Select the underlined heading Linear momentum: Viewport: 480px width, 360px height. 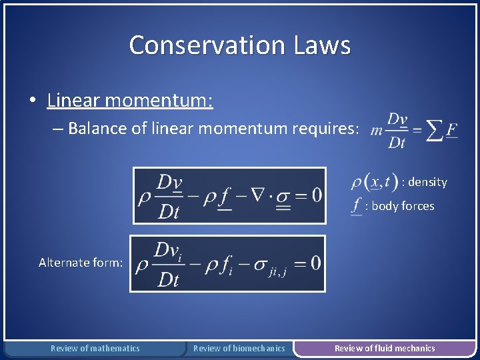(x=130, y=101)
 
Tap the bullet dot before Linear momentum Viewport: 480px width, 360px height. (x=33, y=101)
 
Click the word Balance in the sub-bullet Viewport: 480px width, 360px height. (x=96, y=128)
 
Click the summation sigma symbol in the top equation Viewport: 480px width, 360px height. (x=435, y=130)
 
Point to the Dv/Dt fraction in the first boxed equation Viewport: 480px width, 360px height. (x=169, y=196)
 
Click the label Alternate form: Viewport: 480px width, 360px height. (x=81, y=263)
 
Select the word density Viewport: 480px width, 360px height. (x=427, y=182)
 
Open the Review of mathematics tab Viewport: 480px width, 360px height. (x=95, y=348)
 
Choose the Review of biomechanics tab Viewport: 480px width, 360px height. (x=239, y=348)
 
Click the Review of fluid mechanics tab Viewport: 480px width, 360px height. (x=385, y=348)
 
